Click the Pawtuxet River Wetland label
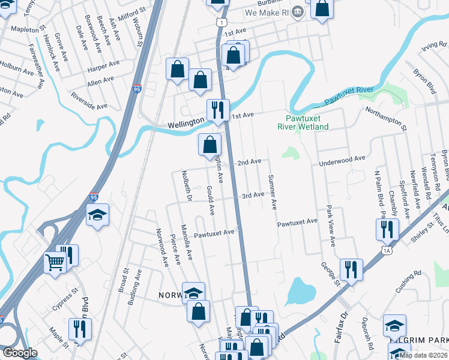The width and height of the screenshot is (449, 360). [303, 122]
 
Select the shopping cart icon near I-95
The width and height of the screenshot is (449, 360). [55, 262]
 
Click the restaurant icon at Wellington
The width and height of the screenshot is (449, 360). [215, 110]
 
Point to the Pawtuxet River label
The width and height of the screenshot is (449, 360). [345, 93]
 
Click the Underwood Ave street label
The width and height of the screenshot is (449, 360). [342, 159]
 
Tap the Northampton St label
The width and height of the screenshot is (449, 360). [386, 112]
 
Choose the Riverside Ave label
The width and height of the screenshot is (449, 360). [89, 100]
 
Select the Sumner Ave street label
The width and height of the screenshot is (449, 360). [272, 192]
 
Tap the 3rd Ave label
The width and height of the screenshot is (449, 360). [253, 195]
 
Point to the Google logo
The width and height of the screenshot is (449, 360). [19, 353]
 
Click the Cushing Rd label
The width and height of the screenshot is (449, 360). [410, 284]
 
